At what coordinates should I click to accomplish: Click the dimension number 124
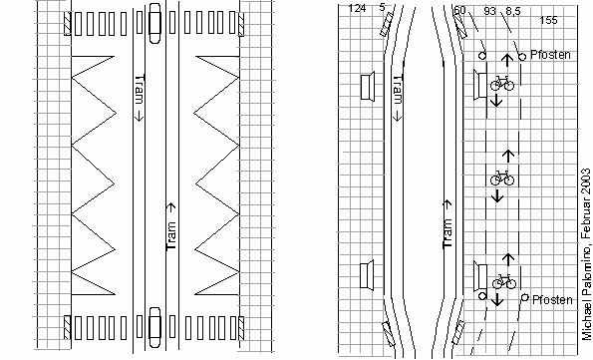click(356, 9)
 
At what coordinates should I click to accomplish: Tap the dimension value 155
click(547, 20)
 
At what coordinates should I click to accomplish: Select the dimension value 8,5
click(513, 10)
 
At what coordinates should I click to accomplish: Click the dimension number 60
click(459, 10)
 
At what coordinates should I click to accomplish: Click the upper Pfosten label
click(550, 54)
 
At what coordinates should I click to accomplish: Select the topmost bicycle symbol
click(502, 84)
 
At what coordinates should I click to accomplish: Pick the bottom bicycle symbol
click(502, 282)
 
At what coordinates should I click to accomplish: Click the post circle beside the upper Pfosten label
click(521, 56)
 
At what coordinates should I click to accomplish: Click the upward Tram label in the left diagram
click(170, 224)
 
